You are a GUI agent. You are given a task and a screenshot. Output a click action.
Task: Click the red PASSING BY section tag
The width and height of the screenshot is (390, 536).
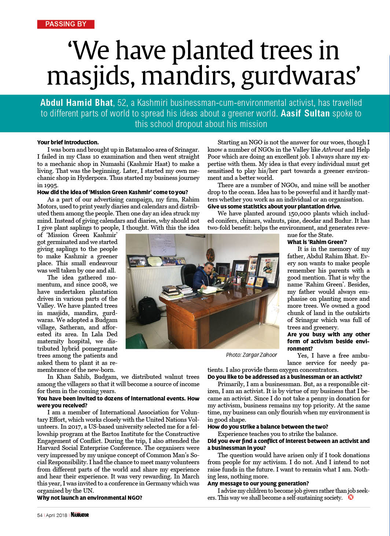pos(66,24)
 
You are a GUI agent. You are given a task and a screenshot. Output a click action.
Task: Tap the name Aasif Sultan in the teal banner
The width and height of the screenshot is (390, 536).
pos(305,113)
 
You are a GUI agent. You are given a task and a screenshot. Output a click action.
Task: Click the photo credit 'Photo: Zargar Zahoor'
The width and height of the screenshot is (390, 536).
pos(251,355)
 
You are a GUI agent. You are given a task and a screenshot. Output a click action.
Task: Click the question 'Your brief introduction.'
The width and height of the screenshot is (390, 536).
pos(68,142)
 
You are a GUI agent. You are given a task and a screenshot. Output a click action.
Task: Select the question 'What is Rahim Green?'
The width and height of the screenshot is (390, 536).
pos(317,242)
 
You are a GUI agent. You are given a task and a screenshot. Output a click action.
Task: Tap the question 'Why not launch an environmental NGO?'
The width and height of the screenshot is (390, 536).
pos(89,498)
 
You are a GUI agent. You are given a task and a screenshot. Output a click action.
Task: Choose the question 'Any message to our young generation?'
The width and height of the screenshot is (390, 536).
pos(258,483)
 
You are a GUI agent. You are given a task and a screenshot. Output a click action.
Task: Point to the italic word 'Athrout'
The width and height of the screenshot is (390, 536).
pos(332,149)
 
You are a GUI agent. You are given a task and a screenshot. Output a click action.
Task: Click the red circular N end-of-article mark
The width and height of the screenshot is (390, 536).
pos(351,497)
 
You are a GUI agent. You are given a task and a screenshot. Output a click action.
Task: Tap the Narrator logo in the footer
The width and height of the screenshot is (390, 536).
pos(80,515)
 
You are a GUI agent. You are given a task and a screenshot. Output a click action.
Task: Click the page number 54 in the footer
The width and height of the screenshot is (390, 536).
pos(40,515)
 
